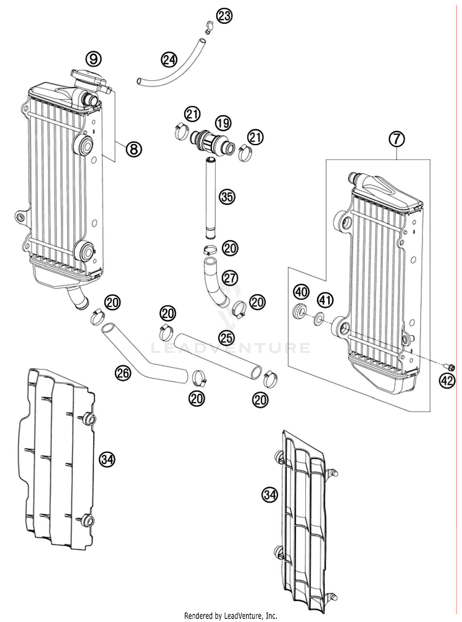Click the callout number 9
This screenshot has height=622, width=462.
[94, 59]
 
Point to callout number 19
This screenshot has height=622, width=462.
[223, 123]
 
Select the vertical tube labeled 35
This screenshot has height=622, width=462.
[211, 197]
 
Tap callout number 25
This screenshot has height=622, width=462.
[227, 338]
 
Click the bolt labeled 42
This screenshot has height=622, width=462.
[449, 367]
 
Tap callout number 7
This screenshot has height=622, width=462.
[396, 139]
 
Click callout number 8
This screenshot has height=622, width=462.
[134, 149]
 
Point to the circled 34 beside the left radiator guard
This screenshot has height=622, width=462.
[107, 459]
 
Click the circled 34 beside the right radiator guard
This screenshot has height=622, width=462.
[269, 495]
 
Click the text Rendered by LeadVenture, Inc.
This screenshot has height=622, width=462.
[231, 616]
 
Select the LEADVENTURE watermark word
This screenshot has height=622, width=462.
[231, 348]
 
